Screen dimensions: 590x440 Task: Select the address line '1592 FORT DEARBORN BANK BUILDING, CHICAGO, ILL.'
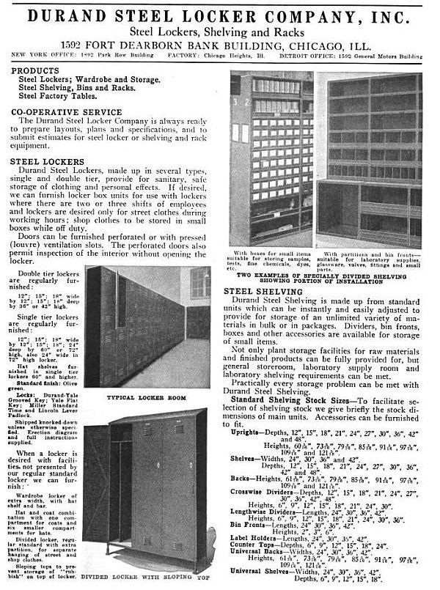tap(219, 43)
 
